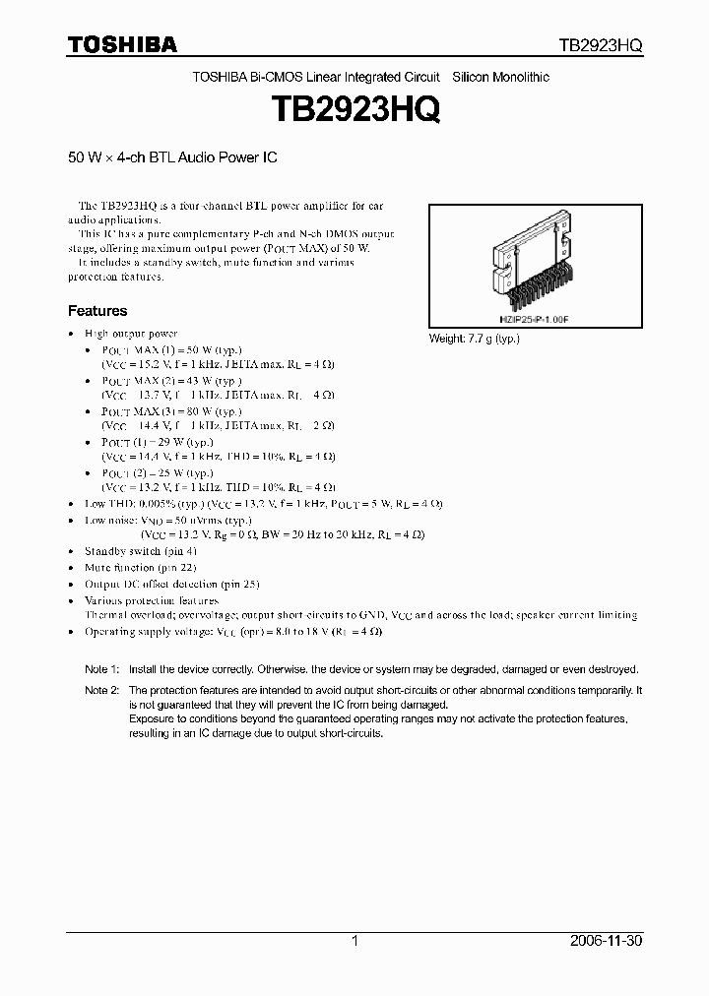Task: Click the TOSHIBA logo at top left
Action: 122,45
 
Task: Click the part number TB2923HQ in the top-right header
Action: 601,46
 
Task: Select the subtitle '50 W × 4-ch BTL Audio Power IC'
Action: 165,156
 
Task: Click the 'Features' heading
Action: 97,311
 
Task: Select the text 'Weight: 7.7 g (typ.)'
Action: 474,339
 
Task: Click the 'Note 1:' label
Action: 101,668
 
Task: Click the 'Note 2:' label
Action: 101,691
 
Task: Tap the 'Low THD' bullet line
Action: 263,504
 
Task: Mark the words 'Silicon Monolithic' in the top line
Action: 500,77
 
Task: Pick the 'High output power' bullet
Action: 130,334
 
